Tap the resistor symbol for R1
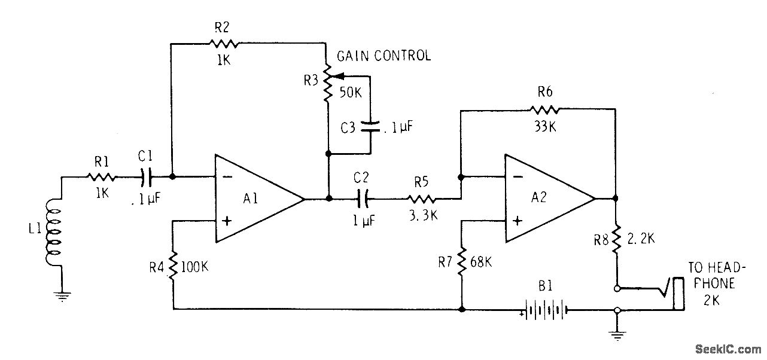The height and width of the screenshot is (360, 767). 102,177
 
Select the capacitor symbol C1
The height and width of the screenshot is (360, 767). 147,177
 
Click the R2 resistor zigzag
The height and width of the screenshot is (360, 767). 223,43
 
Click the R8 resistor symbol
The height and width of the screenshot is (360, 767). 616,240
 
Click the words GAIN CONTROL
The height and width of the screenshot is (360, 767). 383,56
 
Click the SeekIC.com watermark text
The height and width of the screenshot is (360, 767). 725,349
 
